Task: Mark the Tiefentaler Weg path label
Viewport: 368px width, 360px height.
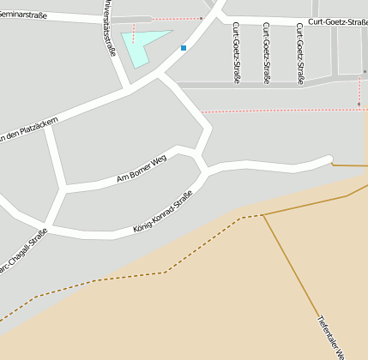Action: click(x=331, y=335)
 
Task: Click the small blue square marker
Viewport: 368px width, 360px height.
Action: click(x=184, y=48)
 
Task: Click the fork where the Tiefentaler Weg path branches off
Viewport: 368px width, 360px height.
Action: click(x=262, y=214)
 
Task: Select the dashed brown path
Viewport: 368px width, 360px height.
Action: click(x=129, y=276)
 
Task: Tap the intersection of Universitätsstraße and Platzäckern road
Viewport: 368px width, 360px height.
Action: click(x=129, y=88)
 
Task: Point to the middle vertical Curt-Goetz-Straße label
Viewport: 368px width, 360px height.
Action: click(x=268, y=53)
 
